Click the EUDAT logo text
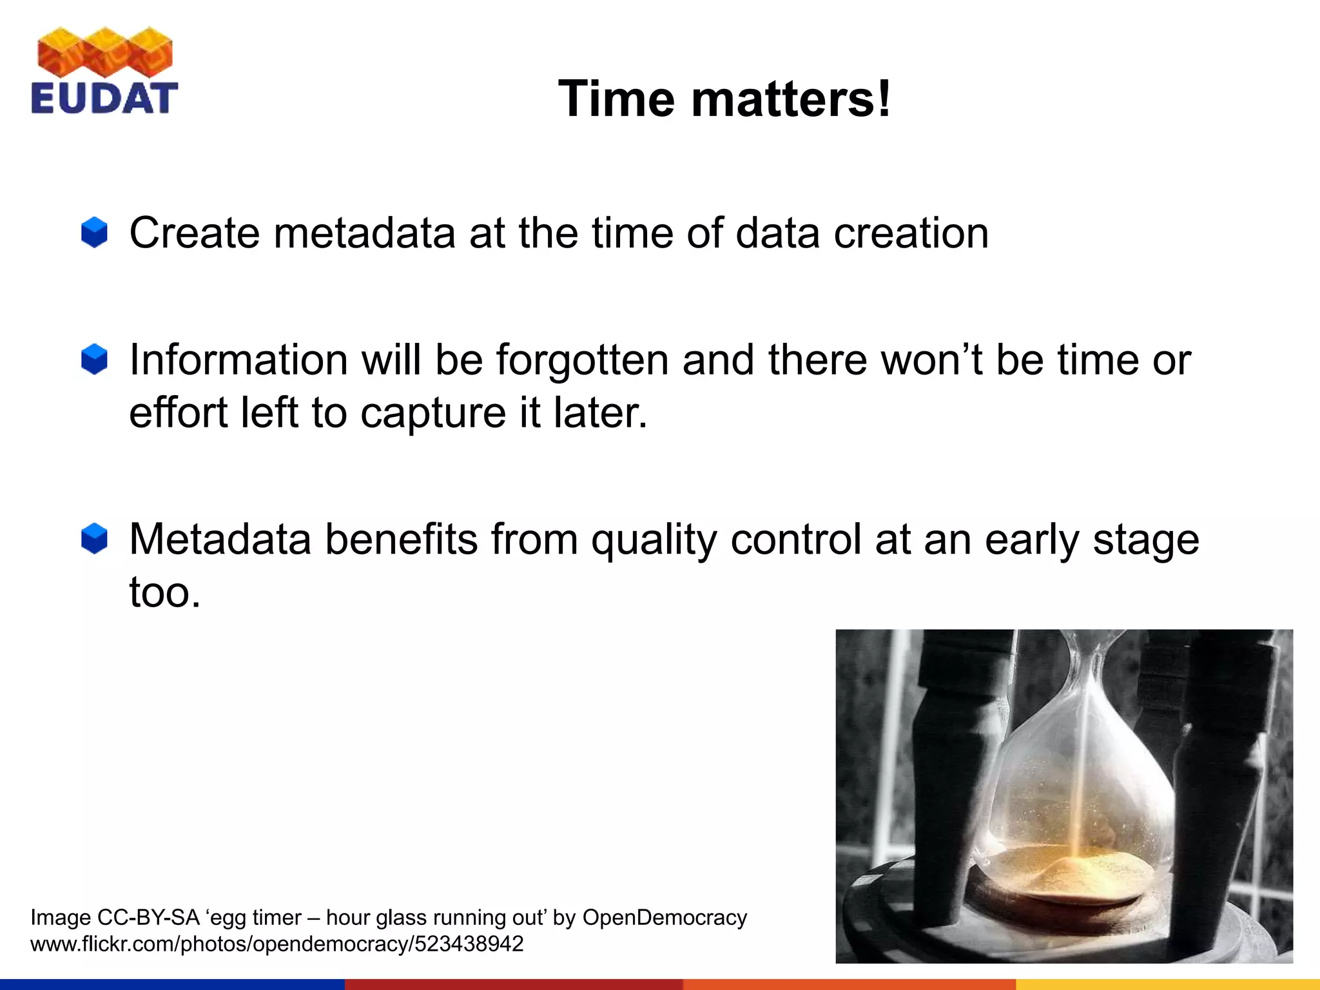point(104,99)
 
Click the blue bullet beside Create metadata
point(94,232)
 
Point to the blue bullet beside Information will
point(94,359)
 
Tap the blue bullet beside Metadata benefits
point(94,538)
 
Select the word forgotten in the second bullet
point(582,359)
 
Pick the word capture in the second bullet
point(432,412)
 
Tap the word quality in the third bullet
point(654,539)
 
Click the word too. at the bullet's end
point(165,592)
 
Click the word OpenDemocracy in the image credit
point(665,917)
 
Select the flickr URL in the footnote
point(277,944)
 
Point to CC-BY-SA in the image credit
point(148,917)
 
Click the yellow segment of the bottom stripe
point(1167,984)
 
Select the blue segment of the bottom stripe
point(172,984)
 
